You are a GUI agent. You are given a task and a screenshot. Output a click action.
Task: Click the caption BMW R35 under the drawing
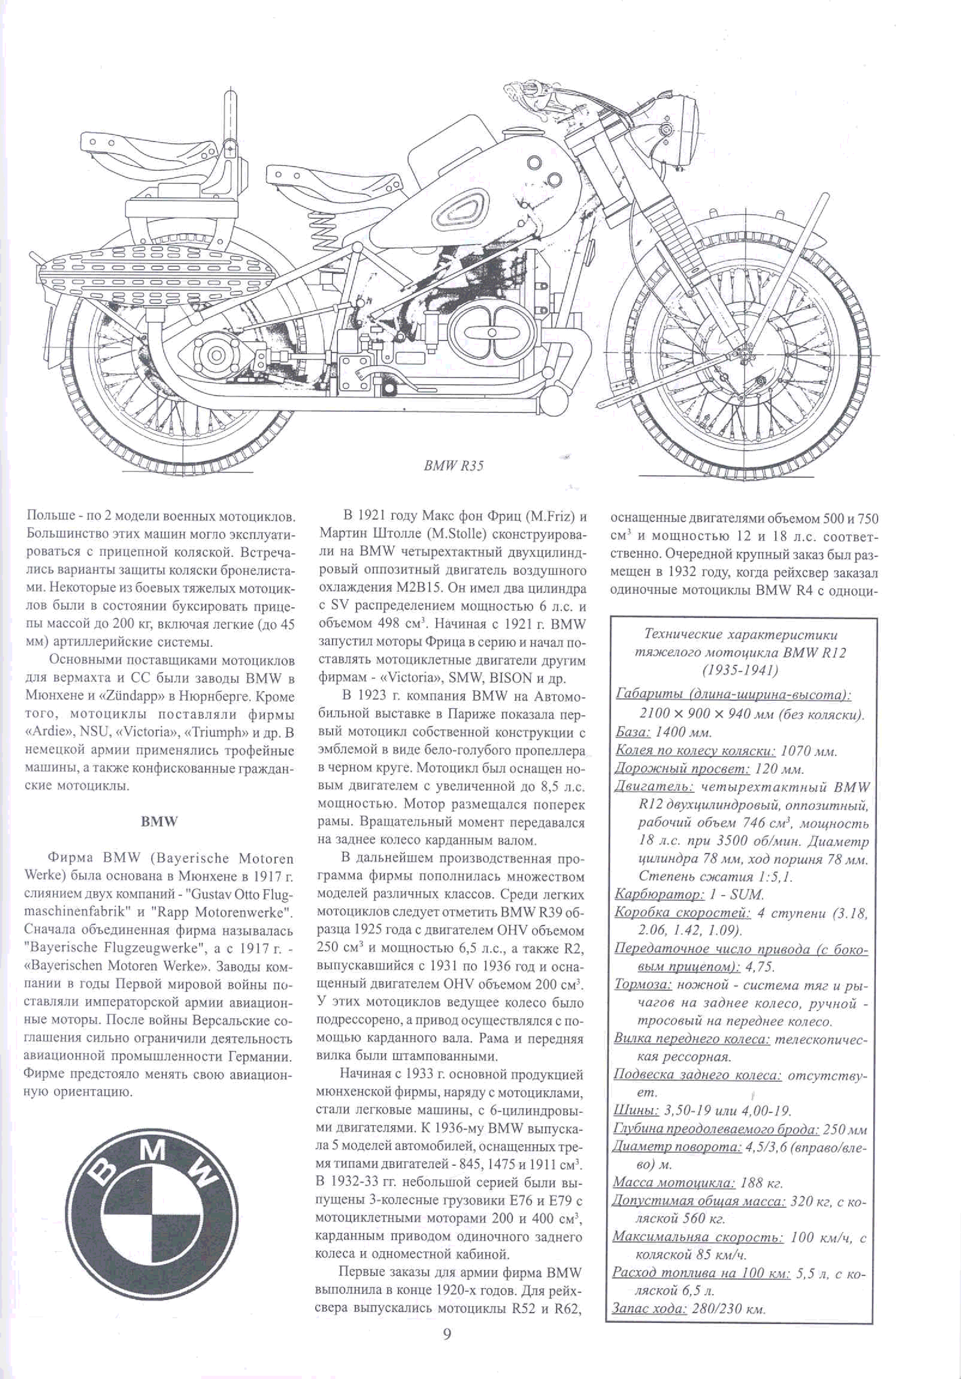pyautogui.click(x=453, y=466)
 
